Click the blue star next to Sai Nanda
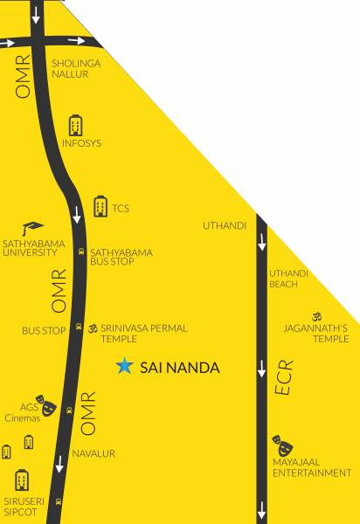click(x=126, y=367)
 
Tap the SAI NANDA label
click(x=180, y=368)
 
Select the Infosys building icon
click(x=75, y=125)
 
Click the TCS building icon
click(x=100, y=207)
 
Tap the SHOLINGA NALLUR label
click(x=76, y=69)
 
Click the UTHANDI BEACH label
click(x=288, y=279)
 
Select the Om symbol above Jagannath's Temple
click(x=315, y=315)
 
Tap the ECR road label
click(x=285, y=378)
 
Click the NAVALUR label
click(x=93, y=453)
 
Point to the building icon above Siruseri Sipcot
click(x=22, y=480)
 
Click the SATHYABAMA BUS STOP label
click(x=121, y=257)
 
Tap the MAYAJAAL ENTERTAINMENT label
click(x=312, y=467)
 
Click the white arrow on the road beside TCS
click(x=77, y=214)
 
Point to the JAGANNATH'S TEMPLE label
click(x=316, y=333)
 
